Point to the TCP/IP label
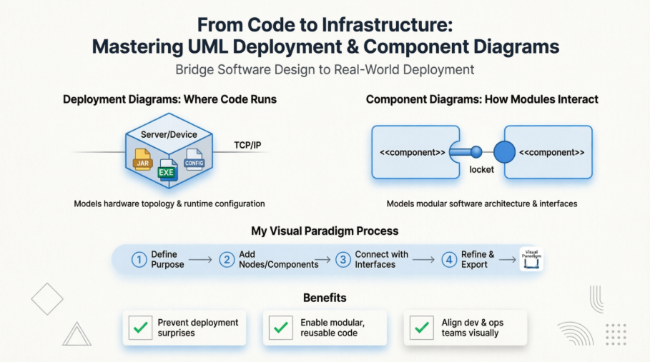coord(247,145)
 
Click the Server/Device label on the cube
coord(169,135)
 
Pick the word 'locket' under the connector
coord(481,169)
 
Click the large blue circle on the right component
coord(505,152)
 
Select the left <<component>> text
coord(412,153)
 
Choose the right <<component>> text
coord(551,153)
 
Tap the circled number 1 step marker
coord(139,260)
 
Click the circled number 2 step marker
coord(227,260)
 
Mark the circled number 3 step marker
coord(343,260)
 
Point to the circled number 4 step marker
coord(449,260)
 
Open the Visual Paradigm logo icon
coord(531,258)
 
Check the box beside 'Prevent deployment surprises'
coord(140,328)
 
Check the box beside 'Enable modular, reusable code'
coord(281,328)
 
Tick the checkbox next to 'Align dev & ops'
coord(422,328)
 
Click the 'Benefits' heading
coord(325,297)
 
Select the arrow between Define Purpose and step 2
coord(200,260)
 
